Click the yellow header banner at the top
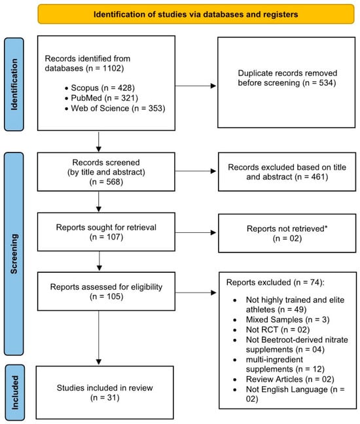(196, 14)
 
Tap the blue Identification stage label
(14, 84)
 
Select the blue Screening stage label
(14, 254)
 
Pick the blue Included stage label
(14, 393)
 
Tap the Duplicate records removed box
(287, 82)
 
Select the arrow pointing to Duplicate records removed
(196, 86)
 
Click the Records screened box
(106, 171)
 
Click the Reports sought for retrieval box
(106, 232)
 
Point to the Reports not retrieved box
(287, 233)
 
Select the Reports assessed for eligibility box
(106, 291)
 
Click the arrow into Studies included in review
(99, 338)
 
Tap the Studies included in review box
(105, 393)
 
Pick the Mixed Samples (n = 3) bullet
(287, 319)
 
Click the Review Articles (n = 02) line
(290, 380)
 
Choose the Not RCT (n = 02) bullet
(278, 330)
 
